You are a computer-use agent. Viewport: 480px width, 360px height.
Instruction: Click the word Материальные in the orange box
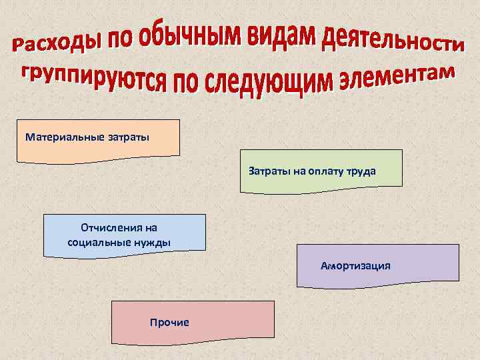(64, 138)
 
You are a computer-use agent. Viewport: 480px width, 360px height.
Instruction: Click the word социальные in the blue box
(97, 242)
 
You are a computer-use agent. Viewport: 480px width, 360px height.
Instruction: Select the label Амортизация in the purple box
(355, 266)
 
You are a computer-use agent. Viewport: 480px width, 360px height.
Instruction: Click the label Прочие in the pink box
(169, 323)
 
